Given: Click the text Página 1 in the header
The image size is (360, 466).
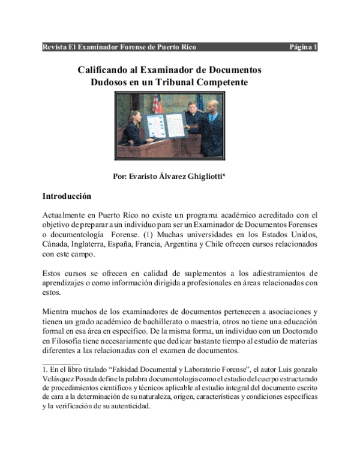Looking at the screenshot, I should (x=304, y=47).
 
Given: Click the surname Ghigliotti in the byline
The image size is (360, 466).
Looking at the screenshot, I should (x=206, y=177).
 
